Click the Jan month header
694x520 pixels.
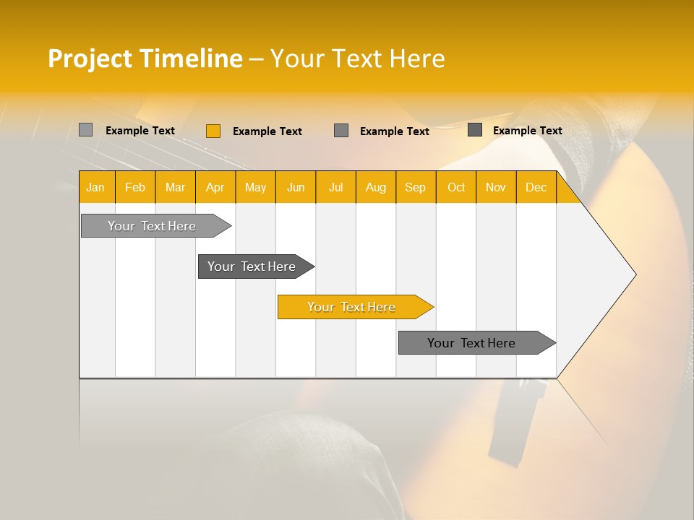pos(95,188)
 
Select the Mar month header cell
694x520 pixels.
pos(175,188)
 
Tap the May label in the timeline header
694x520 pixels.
pos(255,188)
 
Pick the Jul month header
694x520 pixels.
pos(335,188)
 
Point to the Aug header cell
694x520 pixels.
pos(376,188)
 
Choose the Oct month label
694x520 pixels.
pos(456,188)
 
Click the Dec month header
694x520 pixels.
pos(536,188)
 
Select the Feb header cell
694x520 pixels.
pos(135,188)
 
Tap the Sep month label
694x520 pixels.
pos(416,188)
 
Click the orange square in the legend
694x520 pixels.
pos(213,131)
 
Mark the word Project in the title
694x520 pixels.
pos(90,58)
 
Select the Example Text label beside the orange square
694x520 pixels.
pos(267,131)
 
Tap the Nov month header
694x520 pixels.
pos(496,188)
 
